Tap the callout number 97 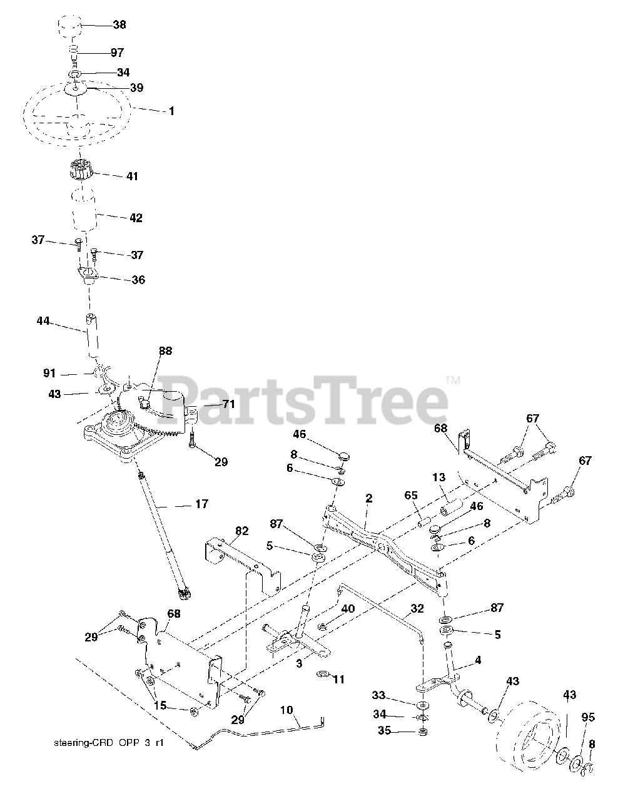pyautogui.click(x=118, y=53)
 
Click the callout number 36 pyautogui.click(x=138, y=280)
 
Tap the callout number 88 pyautogui.click(x=165, y=352)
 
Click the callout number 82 pyautogui.click(x=241, y=531)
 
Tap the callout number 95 pyautogui.click(x=588, y=717)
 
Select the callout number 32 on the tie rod pyautogui.click(x=417, y=608)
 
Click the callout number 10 pyautogui.click(x=286, y=711)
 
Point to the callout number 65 pyautogui.click(x=410, y=495)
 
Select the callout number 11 pyautogui.click(x=338, y=679)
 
